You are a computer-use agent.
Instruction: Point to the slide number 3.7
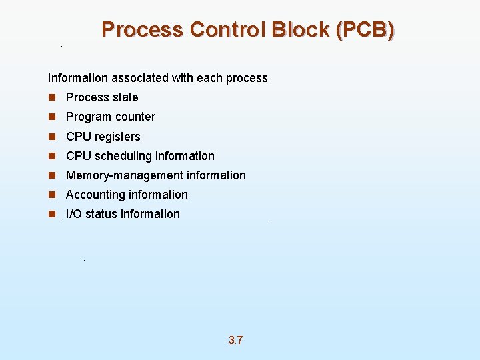[235, 341]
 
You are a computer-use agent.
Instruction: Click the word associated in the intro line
[143, 78]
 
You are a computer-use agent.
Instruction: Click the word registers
[118, 137]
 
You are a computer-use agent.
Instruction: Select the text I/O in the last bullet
[74, 214]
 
